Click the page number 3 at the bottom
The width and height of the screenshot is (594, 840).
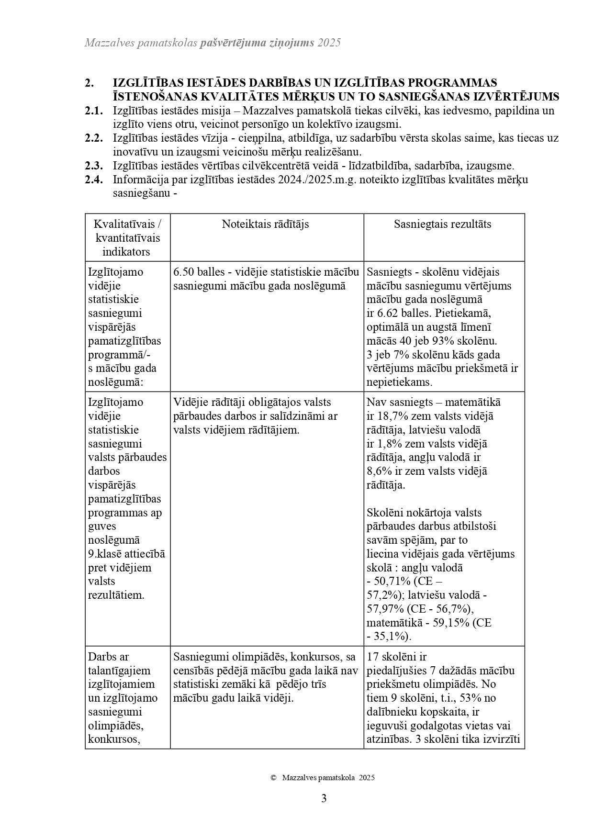point(324,798)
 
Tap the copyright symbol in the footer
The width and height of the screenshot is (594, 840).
point(273,778)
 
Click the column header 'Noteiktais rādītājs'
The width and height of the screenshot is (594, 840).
point(265,224)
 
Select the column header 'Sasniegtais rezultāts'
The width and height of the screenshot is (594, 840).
point(442,224)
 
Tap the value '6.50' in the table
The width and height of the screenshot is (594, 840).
point(184,272)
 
